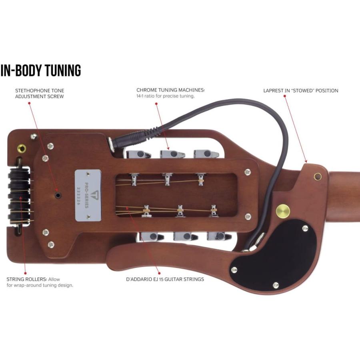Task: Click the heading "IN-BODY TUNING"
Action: [x=41, y=70]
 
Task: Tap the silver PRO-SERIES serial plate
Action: [x=88, y=195]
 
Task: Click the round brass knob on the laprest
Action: [x=283, y=211]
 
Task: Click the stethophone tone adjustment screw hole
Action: [x=58, y=195]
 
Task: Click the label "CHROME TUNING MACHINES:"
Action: [x=170, y=90]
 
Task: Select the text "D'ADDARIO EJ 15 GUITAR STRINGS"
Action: [x=165, y=279]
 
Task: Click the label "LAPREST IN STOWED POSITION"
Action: [x=301, y=90]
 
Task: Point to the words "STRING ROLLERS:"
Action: [x=27, y=279]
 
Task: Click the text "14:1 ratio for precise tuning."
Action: [x=166, y=96]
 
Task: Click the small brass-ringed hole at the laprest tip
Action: [x=318, y=176]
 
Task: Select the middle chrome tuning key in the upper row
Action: [x=172, y=154]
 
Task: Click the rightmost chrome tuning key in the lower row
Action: [x=220, y=236]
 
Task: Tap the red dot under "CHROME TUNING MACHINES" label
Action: [x=156, y=104]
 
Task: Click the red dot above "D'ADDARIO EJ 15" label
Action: [x=159, y=273]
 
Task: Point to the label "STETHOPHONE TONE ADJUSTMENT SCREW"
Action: [x=40, y=94]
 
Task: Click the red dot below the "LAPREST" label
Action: [x=285, y=96]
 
